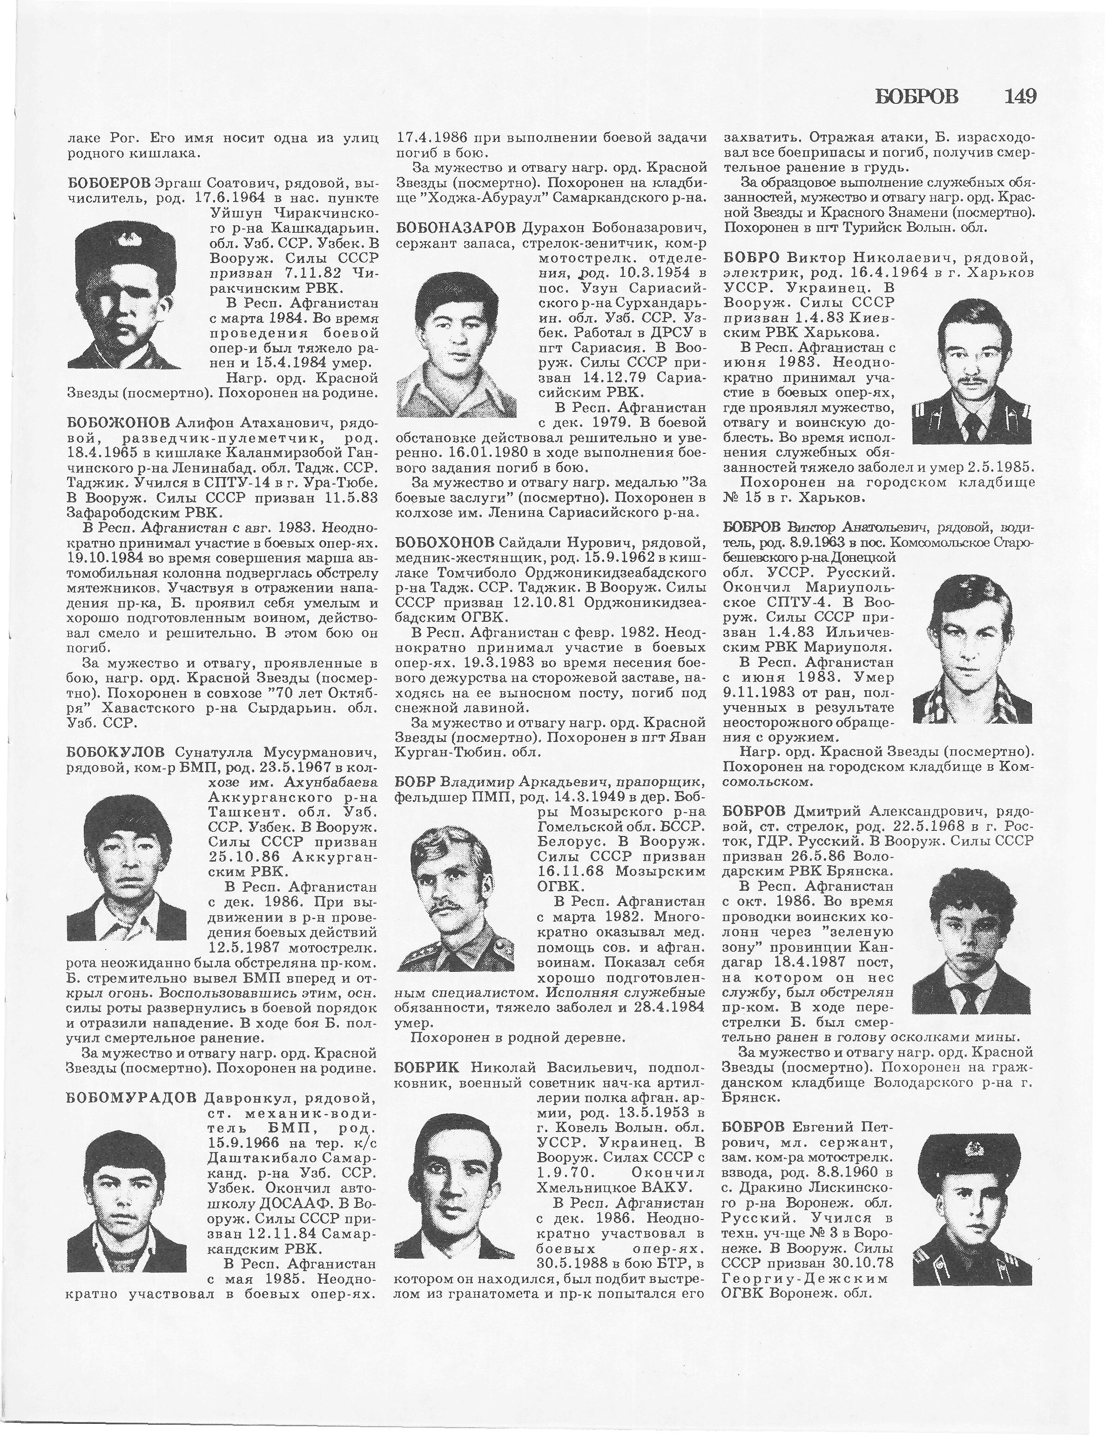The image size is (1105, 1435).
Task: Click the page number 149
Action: (1020, 97)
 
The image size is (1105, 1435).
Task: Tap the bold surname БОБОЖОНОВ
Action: (118, 420)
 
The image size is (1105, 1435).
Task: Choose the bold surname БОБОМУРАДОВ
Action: (131, 1098)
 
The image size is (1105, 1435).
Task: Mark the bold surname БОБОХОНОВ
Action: (445, 542)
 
